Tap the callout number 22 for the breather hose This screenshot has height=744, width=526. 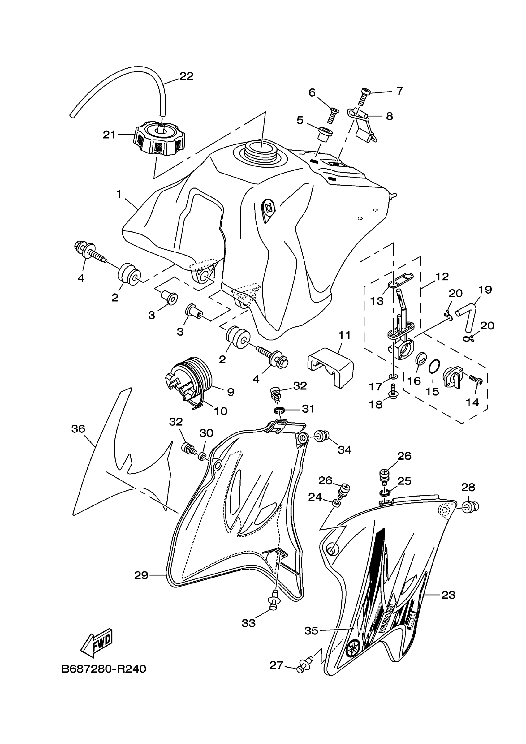coord(186,76)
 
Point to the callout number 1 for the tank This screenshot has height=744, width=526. coord(119,194)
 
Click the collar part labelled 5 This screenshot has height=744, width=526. coord(326,134)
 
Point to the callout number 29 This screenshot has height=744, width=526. coord(141,575)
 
